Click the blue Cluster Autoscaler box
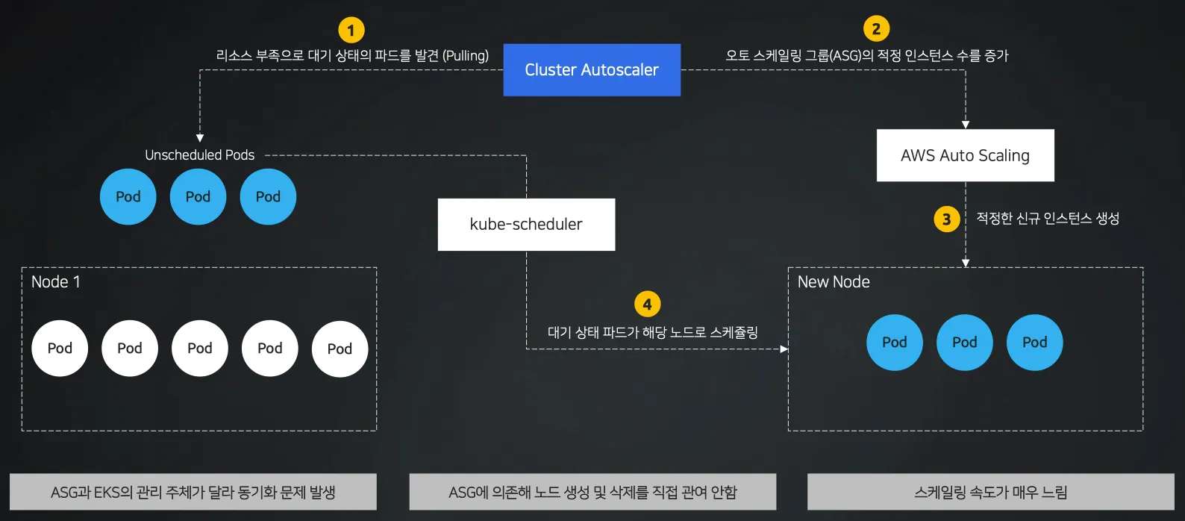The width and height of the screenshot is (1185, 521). coord(592,70)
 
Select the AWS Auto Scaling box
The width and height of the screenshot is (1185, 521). coord(965,155)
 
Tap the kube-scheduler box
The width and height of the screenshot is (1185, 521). coord(526,224)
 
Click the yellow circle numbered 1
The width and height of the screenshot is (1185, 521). coord(351,31)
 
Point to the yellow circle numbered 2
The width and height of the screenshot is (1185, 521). coord(876,29)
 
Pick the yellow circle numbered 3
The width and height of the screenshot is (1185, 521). coord(946,219)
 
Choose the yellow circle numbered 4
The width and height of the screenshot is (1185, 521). coord(647,305)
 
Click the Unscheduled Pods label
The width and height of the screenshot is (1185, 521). coord(199,155)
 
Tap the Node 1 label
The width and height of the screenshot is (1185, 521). coord(56,282)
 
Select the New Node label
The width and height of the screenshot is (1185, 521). coord(834,282)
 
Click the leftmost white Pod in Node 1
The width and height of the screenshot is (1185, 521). coord(60,349)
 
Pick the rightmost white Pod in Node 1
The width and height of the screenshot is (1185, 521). coord(340,349)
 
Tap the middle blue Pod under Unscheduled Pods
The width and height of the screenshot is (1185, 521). coord(198,197)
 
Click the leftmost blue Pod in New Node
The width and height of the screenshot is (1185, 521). coord(894,343)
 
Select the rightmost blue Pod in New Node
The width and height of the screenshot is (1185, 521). coord(1034,343)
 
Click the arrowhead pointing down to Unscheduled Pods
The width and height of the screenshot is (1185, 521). coord(200,138)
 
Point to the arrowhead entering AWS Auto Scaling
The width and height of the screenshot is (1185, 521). coord(966,125)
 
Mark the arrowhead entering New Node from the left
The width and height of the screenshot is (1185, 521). coord(784,349)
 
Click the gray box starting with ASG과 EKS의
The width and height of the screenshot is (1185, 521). coord(193,492)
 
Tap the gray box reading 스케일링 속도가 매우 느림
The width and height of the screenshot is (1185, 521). coord(990,492)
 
